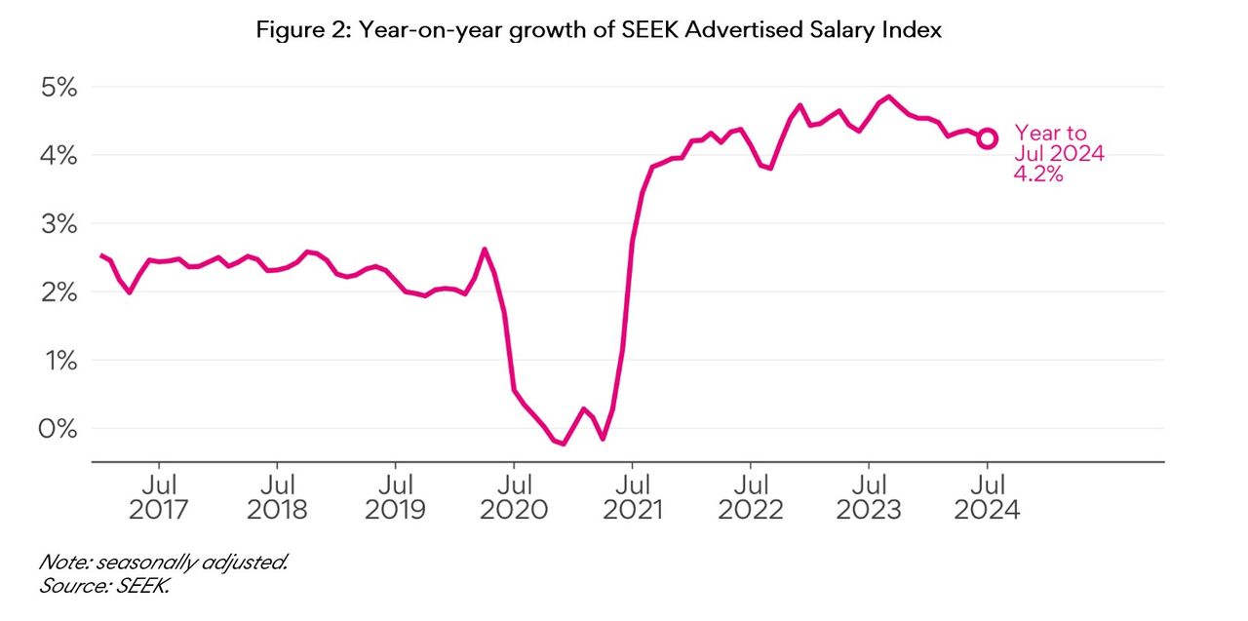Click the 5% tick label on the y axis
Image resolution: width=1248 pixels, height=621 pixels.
coord(57,87)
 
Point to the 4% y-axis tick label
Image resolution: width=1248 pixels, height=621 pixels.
coord(57,155)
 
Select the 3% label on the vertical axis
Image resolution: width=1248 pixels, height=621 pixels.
coord(57,223)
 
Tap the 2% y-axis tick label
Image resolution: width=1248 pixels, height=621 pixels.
coord(57,291)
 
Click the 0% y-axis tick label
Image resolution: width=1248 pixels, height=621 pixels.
coord(57,428)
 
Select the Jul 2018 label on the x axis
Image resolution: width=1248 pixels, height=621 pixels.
coord(277,496)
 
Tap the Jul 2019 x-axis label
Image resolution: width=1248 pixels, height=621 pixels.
coord(395,496)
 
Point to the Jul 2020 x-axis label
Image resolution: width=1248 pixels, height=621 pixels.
coord(514,496)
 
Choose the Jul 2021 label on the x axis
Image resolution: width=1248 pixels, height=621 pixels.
coord(632,496)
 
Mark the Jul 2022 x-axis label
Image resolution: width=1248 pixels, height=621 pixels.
coord(751,496)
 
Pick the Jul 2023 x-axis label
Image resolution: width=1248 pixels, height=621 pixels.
coord(869,496)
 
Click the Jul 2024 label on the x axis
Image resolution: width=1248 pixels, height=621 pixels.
coord(988,496)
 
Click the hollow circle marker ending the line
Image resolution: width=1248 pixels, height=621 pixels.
coord(988,138)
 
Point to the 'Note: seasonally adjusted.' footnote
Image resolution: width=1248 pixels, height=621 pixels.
coord(164,563)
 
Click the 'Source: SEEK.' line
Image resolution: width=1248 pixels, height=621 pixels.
coord(105,586)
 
